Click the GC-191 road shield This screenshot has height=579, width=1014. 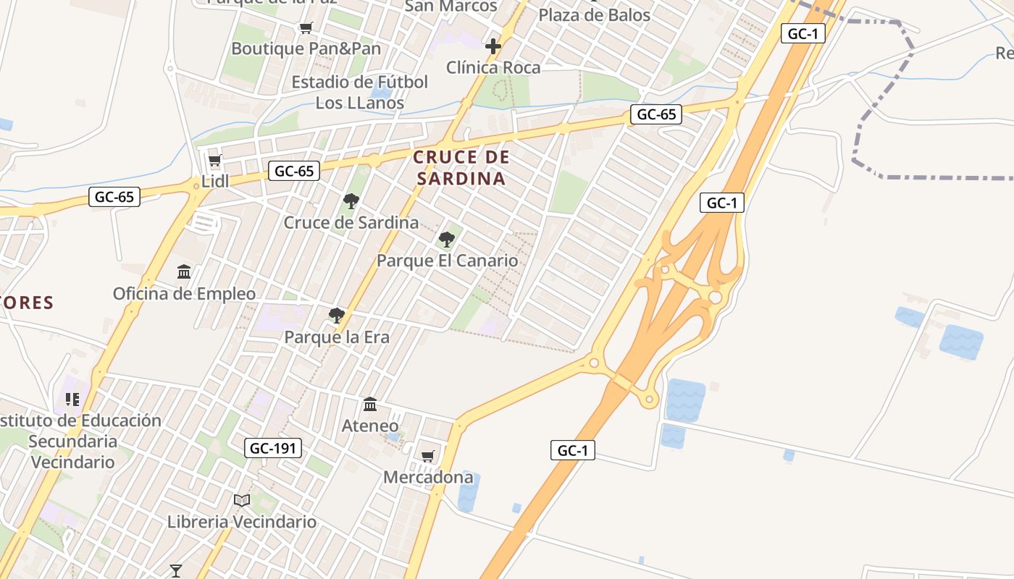[272, 448]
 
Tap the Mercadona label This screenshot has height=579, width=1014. [428, 478]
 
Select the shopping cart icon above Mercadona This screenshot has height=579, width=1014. [428, 456]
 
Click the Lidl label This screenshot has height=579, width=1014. [215, 181]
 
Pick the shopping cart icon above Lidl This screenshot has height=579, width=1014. [214, 160]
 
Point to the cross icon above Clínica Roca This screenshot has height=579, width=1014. [493, 47]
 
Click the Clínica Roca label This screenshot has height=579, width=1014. [493, 68]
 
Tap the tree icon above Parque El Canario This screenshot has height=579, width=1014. [447, 239]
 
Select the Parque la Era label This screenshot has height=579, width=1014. [337, 337]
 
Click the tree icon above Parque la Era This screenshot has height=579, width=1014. [336, 316]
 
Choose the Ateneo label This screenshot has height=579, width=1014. [370, 426]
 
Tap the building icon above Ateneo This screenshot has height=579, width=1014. [370, 404]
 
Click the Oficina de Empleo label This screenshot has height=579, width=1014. [184, 294]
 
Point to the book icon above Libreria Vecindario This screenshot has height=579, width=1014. [242, 500]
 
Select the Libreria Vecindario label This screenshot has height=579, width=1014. [242, 522]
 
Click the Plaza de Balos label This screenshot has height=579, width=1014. [595, 14]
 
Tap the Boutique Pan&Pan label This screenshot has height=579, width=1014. [306, 48]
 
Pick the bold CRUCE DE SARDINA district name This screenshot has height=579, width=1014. [461, 168]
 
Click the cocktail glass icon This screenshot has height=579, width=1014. [175, 570]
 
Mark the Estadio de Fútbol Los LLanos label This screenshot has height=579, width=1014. [360, 93]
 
